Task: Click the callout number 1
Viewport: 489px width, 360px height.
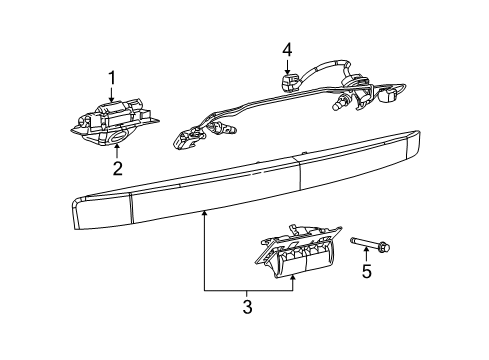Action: [x=113, y=77]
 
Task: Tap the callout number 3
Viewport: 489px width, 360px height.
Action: [x=249, y=307]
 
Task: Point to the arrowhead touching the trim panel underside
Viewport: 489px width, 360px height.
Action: [x=204, y=213]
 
